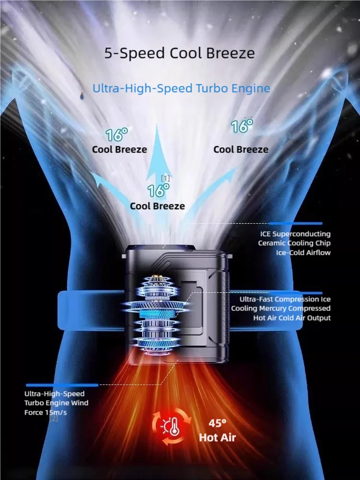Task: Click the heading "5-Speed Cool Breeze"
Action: click(x=180, y=53)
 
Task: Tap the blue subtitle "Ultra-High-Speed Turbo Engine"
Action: click(x=181, y=88)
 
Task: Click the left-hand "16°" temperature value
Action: click(x=116, y=135)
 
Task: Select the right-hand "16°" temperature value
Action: click(x=242, y=126)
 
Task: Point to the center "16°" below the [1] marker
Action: click(x=158, y=191)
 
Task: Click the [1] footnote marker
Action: click(x=165, y=178)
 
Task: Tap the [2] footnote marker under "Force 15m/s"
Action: click(x=53, y=418)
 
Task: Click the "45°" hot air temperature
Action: click(x=217, y=423)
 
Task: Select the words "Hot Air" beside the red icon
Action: click(x=217, y=437)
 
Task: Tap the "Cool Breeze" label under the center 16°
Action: click(x=157, y=206)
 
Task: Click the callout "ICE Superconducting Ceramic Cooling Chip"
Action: click(x=294, y=239)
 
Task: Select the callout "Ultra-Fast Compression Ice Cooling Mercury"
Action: click(x=281, y=304)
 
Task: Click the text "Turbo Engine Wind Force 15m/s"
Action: click(x=56, y=408)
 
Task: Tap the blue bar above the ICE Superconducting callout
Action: click(x=295, y=224)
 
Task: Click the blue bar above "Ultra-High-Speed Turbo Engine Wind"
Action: click(x=62, y=385)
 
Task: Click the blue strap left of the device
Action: click(x=91, y=311)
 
